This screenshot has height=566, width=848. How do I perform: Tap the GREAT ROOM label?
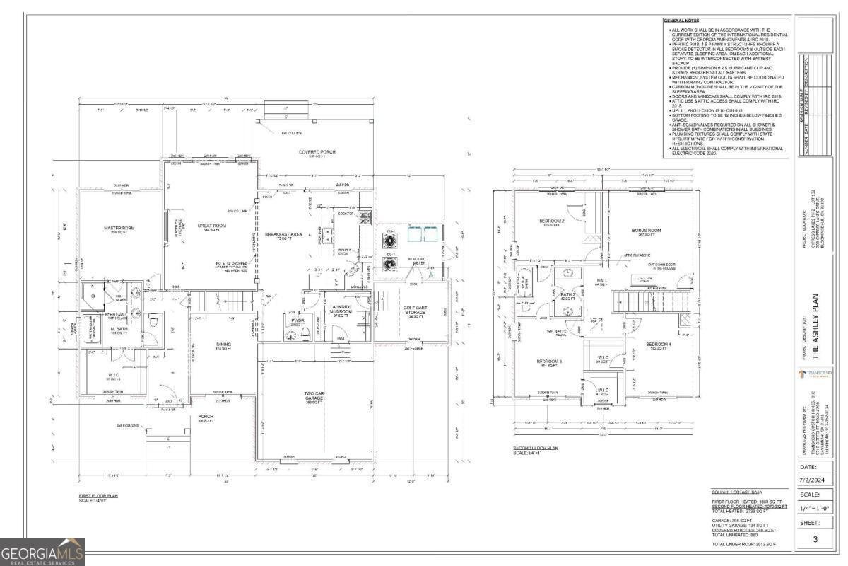(x=211, y=226)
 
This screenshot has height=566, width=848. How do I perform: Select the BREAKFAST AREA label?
(x=284, y=234)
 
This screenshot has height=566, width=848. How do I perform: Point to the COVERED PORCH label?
(x=317, y=152)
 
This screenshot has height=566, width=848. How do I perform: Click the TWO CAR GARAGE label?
(x=314, y=395)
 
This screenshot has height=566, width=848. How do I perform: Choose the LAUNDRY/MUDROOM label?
(x=341, y=308)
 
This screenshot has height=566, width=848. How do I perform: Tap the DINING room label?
(x=224, y=345)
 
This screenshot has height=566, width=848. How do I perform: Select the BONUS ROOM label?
(x=646, y=231)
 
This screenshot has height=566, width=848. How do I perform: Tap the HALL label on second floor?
(x=601, y=281)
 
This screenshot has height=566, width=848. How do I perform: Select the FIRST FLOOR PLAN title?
(x=98, y=495)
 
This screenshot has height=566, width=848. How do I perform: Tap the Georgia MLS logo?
(x=42, y=552)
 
